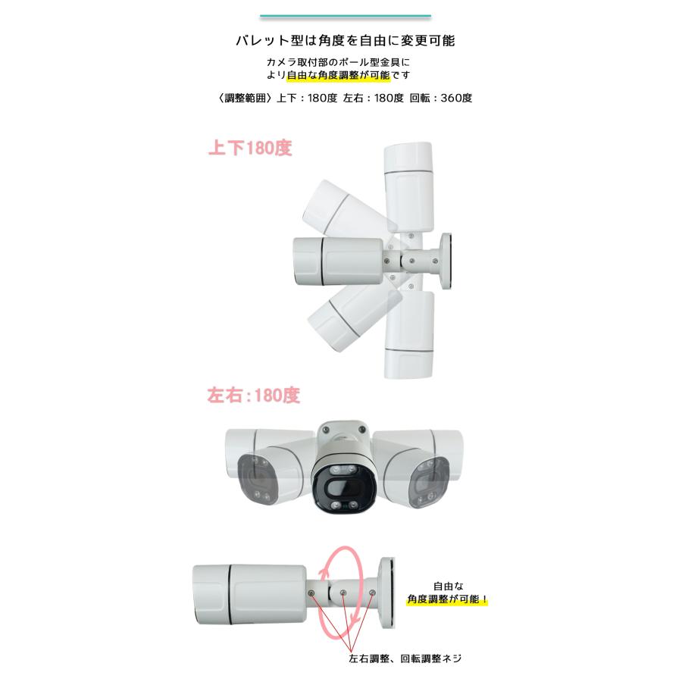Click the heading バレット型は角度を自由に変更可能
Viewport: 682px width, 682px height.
(x=345, y=40)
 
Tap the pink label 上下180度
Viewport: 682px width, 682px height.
(x=249, y=149)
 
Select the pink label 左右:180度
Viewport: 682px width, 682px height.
(x=253, y=396)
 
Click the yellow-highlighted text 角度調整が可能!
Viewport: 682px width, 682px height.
(x=448, y=600)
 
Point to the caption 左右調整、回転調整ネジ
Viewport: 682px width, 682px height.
(x=405, y=659)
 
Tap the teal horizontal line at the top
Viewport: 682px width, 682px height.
(x=345, y=16)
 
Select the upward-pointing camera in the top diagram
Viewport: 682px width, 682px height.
(x=409, y=182)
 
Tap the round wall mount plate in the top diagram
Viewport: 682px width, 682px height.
(x=446, y=261)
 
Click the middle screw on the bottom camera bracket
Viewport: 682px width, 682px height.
(x=343, y=593)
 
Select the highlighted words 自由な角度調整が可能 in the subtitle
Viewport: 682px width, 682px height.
(x=340, y=76)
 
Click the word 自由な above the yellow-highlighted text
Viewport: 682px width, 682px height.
(x=447, y=586)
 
